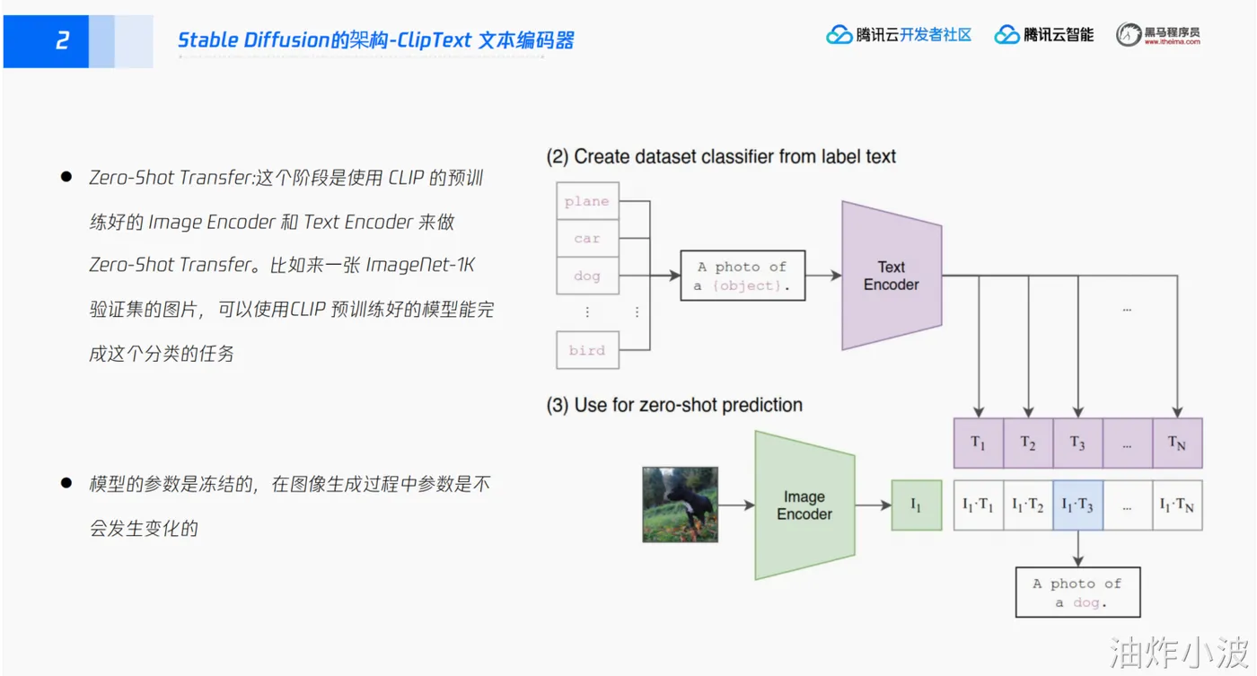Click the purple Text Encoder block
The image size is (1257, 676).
coord(891,276)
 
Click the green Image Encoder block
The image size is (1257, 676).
coord(804,505)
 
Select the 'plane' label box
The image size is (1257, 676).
coord(587,201)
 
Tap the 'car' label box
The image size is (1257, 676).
coord(587,239)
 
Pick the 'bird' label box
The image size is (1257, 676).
coord(587,350)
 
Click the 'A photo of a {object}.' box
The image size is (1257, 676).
coord(743,276)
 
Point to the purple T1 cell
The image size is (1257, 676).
coord(978,443)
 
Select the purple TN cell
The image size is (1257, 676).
coord(1177,443)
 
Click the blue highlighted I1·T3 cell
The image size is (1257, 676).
coord(1077,505)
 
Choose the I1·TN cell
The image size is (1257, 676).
coord(1177,505)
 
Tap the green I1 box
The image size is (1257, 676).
coord(916,505)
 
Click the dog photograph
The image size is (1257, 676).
coord(680,505)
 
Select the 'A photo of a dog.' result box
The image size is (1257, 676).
coord(1077,593)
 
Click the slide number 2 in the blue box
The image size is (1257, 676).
coord(62,40)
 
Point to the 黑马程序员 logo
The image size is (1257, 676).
coord(1158,35)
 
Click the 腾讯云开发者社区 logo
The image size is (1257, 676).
coord(899,35)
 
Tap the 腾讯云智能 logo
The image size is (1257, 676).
coord(1044,35)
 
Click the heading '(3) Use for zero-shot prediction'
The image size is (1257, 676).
coord(674,405)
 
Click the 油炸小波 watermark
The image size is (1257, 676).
coord(1179,653)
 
